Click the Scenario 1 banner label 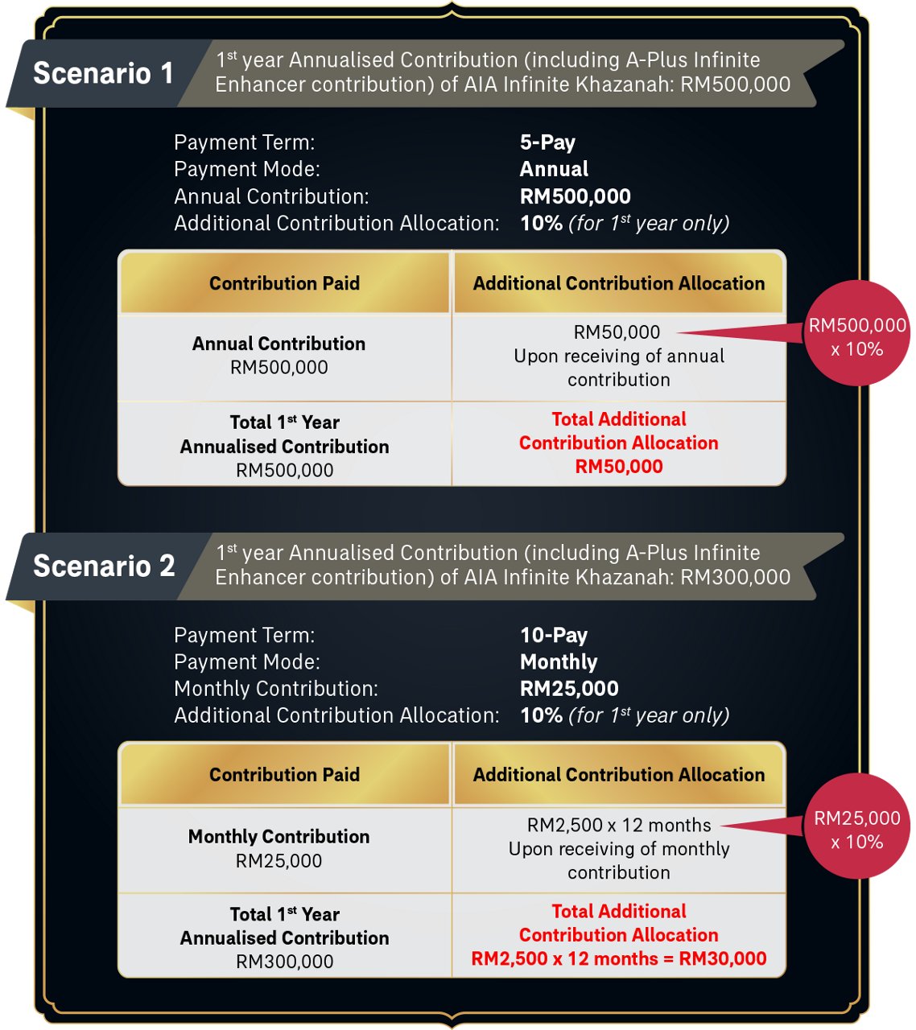point(103,73)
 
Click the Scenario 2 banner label point(104,566)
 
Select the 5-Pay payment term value point(547,142)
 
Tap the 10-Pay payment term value point(554,635)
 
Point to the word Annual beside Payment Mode point(554,169)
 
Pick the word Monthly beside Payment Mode point(559,661)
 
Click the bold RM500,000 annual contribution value point(575,196)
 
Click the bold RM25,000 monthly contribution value point(569,689)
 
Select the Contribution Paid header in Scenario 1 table point(284,283)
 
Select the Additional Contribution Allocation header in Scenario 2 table point(618,775)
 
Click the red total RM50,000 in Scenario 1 point(619,467)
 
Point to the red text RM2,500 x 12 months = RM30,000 point(618,958)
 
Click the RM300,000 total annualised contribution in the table point(284,962)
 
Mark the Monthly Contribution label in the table point(279,837)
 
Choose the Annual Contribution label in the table point(279,344)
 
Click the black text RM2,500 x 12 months point(619,826)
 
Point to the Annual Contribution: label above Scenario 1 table point(271,196)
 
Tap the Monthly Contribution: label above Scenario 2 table point(276,689)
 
